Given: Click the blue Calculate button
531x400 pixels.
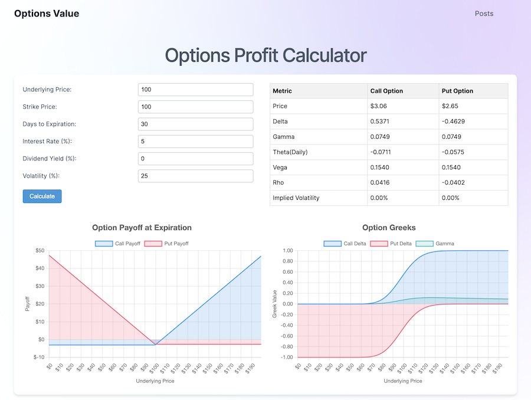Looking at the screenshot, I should coord(42,196).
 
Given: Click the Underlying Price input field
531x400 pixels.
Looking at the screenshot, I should coord(195,90).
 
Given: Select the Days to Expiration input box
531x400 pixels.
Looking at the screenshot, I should coord(195,124).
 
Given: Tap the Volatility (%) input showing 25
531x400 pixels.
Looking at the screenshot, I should coord(195,176).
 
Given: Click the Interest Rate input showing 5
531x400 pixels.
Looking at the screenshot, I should coord(195,142).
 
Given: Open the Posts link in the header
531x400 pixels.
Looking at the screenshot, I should coord(484,14).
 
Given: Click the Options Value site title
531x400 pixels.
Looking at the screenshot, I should coord(47,14).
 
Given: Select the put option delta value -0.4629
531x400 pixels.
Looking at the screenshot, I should coord(453,122).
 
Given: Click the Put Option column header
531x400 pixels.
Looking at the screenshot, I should coord(457,91).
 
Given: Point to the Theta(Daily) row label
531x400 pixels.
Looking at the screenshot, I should coord(290,152).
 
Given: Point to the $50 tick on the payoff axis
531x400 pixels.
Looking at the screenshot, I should coord(39,251).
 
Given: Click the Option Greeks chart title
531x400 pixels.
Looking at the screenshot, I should coord(389,228).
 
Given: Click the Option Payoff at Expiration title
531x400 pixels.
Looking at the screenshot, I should coord(142,228).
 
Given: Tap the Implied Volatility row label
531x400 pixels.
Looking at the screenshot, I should coord(296,198).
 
